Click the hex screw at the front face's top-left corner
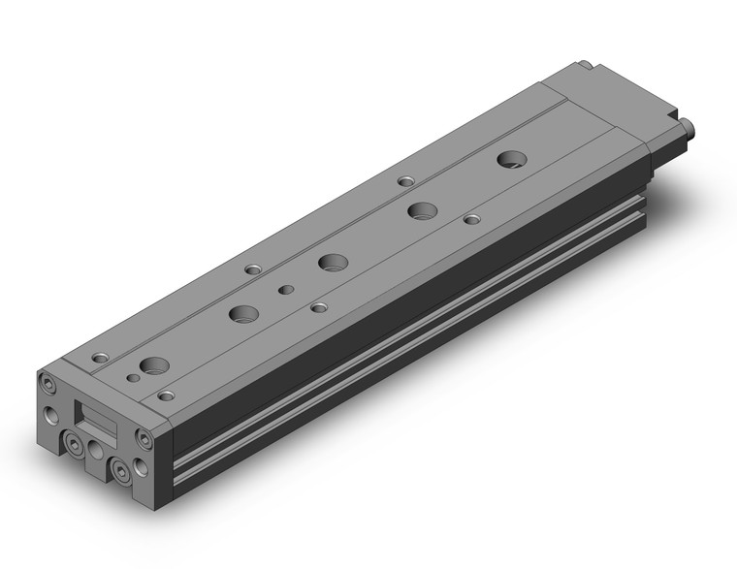48,386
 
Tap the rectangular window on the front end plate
96,420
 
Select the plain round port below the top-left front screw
49,417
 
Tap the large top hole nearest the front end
153,366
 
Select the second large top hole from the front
242,313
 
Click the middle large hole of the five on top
333,261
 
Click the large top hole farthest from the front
510,158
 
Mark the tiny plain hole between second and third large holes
285,289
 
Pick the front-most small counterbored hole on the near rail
167,395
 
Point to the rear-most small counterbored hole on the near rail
471,219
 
